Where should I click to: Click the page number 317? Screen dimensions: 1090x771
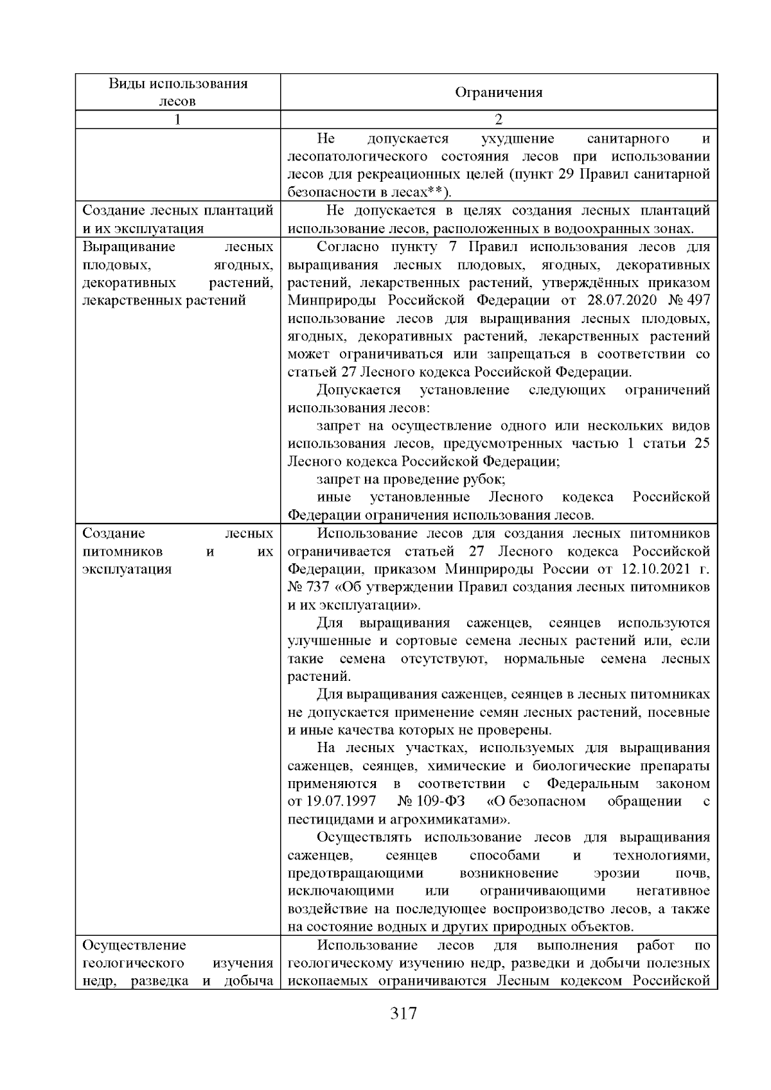[403, 1014]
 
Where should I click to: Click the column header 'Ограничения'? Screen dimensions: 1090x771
[499, 92]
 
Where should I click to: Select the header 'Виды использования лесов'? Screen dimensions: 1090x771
[177, 92]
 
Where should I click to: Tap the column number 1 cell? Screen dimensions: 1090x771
[177, 119]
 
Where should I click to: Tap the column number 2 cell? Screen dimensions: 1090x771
[499, 119]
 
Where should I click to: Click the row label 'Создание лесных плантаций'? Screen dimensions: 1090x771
[178, 211]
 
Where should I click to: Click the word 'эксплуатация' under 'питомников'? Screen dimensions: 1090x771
[127, 569]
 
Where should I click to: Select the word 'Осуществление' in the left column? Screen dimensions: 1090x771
[134, 945]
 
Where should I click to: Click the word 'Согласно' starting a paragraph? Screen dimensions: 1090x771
[348, 247]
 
